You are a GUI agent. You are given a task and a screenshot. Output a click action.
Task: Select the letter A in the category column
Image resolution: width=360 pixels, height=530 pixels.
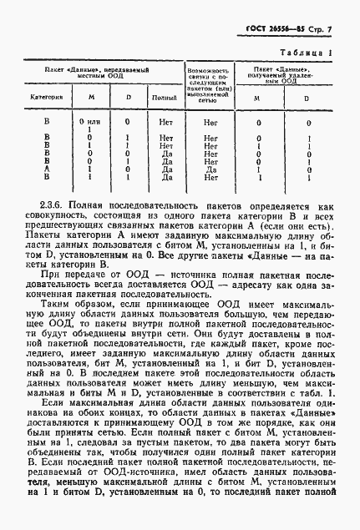pos(46,169)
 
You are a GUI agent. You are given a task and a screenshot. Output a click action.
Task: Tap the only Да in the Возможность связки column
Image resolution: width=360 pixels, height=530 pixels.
pos(210,169)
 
